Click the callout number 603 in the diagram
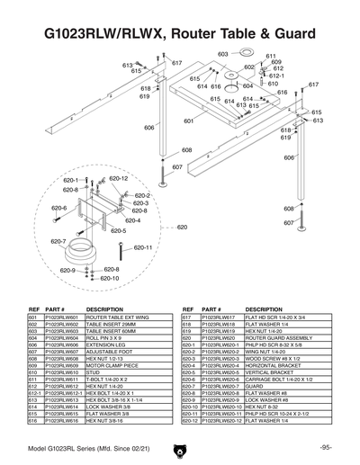click(222, 55)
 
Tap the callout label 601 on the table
click(189, 121)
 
